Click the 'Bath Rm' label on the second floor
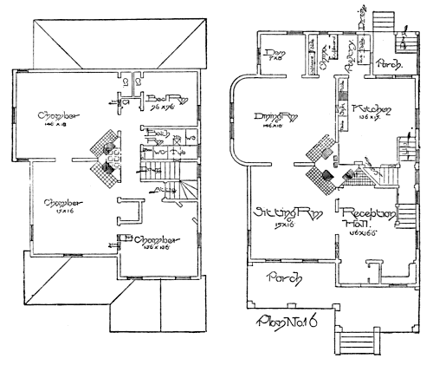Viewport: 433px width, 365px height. tap(157, 136)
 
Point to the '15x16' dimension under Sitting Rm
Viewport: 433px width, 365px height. tap(281, 225)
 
